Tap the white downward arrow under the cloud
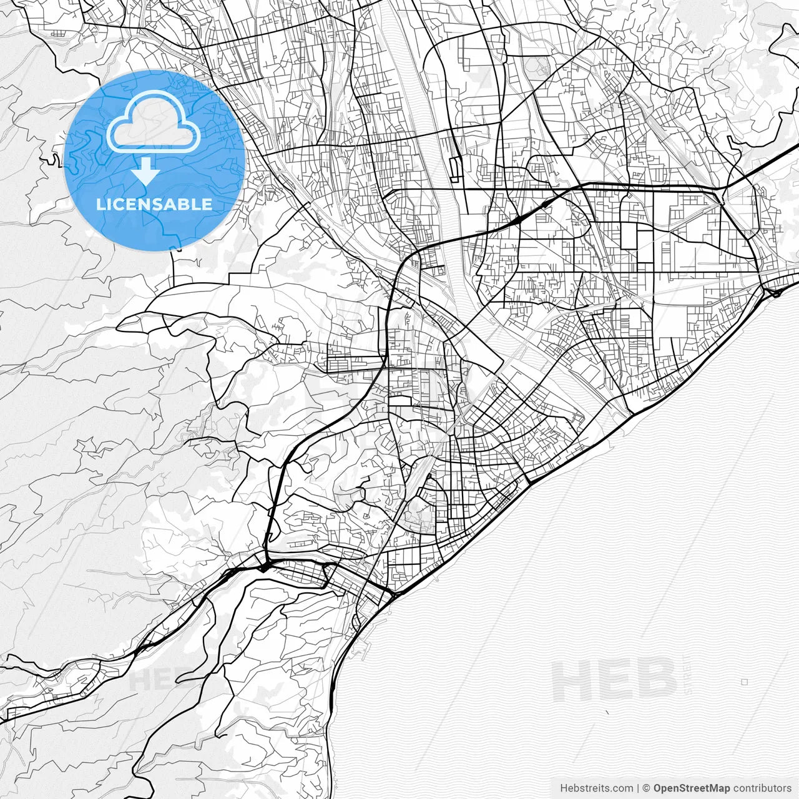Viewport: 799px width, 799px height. pos(145,170)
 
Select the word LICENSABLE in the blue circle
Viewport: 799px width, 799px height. pos(154,204)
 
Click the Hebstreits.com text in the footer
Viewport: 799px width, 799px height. pos(596,788)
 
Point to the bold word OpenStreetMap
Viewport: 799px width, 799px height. pos(692,788)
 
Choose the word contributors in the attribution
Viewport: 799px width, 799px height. pos(762,788)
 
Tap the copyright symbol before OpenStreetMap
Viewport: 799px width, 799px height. pos(647,788)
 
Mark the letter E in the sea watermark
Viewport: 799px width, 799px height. pos(615,680)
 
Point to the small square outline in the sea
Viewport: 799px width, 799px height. pos(745,682)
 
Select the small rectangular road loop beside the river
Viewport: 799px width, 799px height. pos(454,164)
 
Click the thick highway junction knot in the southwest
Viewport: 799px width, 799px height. pos(265,566)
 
